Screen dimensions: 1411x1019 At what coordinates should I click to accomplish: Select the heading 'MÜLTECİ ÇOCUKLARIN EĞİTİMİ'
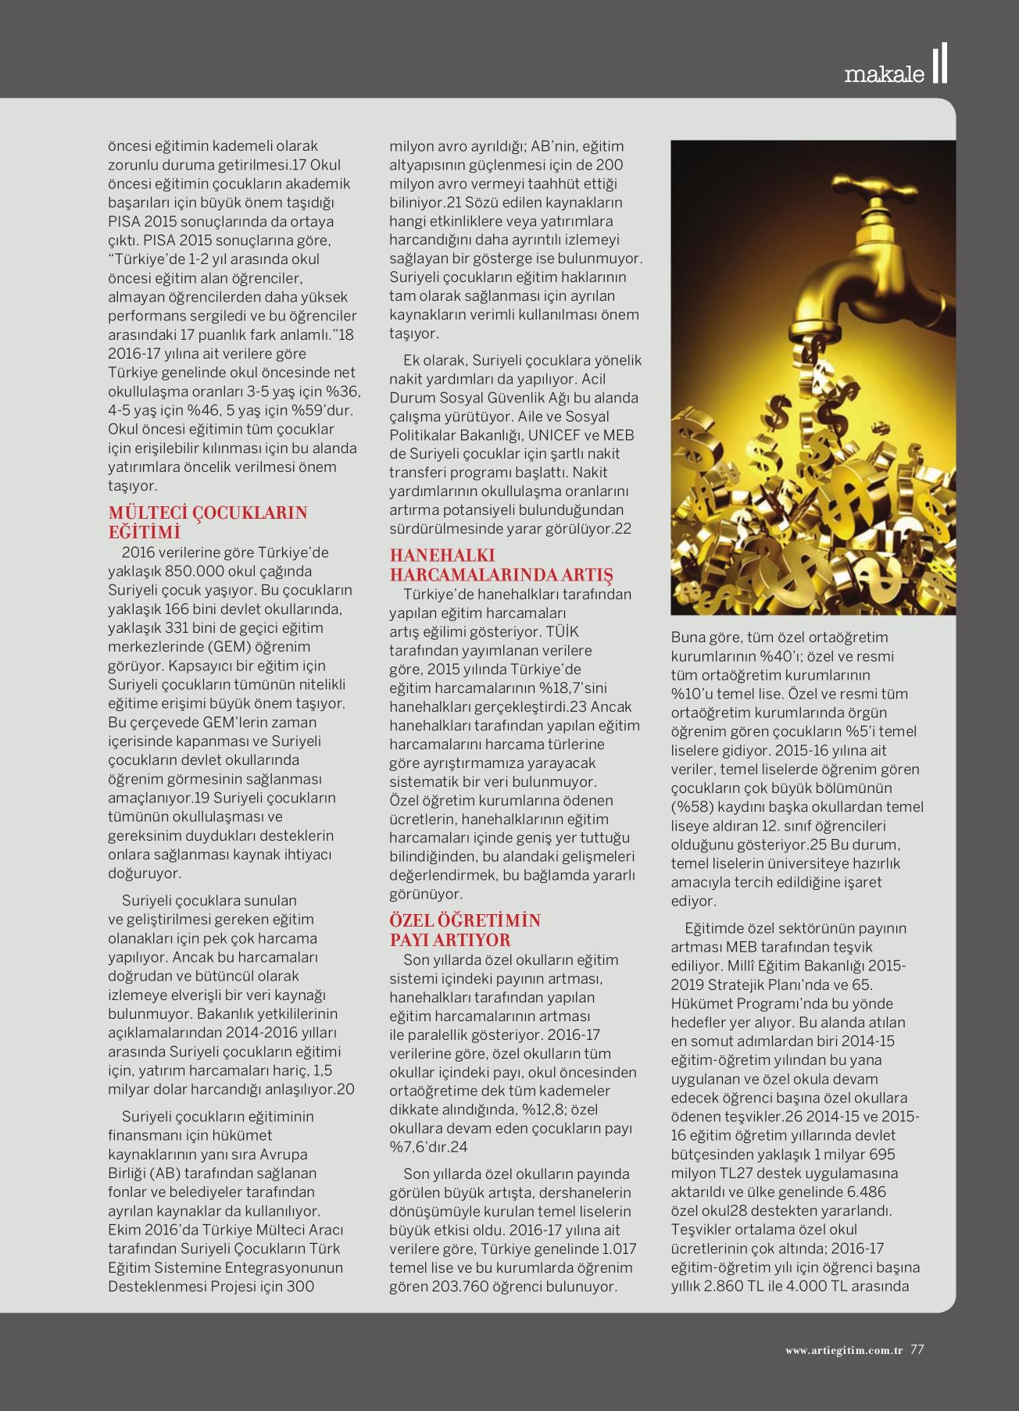(207, 522)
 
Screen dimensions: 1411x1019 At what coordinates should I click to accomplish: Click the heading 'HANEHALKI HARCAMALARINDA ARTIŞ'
(500, 565)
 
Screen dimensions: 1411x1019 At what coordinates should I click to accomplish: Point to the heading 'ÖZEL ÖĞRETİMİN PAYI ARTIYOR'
(465, 930)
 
